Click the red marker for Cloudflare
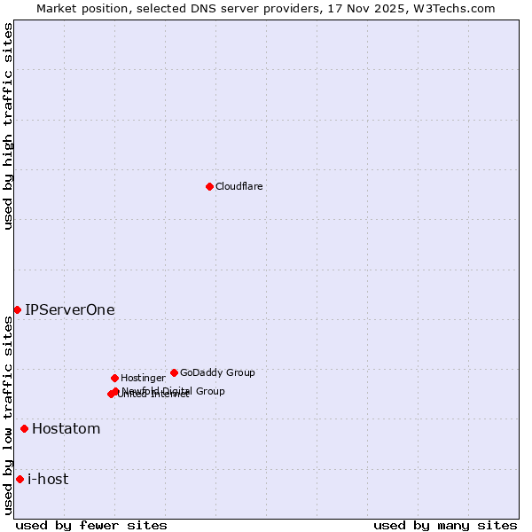click(209, 186)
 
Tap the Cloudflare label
click(239, 186)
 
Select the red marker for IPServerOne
click(17, 309)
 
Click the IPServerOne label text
click(70, 309)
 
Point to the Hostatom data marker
click(24, 429)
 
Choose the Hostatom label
click(66, 429)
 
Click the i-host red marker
click(20, 480)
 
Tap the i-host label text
click(48, 480)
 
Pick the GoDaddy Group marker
click(174, 372)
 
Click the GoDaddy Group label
click(217, 372)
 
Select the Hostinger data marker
click(114, 378)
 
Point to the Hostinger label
click(143, 378)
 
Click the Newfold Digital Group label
click(174, 390)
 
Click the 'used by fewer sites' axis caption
click(91, 525)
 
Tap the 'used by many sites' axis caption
click(445, 525)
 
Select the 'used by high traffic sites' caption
click(8, 126)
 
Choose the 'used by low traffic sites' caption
click(8, 415)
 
